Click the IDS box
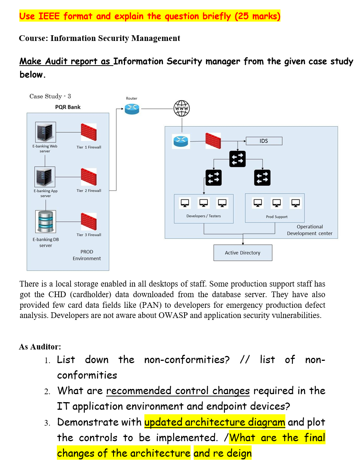pyautogui.click(x=264, y=141)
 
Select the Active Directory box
pyautogui.click(x=243, y=253)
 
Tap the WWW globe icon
pyautogui.click(x=182, y=108)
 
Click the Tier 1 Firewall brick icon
pyautogui.click(x=89, y=132)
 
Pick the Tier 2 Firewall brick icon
pyautogui.click(x=89, y=177)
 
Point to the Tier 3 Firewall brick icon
pyautogui.click(x=89, y=221)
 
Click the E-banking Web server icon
pyautogui.click(x=45, y=132)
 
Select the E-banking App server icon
pyautogui.click(x=45, y=177)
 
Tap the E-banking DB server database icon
pyautogui.click(x=45, y=221)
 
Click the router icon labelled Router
pyautogui.click(x=131, y=108)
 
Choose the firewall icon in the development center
pyautogui.click(x=213, y=141)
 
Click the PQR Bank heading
pyautogui.click(x=68, y=107)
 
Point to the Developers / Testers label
pyautogui.click(x=203, y=216)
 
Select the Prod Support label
pyautogui.click(x=277, y=217)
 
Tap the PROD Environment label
pyautogui.click(x=87, y=255)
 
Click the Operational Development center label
pyautogui.click(x=310, y=230)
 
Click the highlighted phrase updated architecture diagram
pyautogui.click(x=214, y=422)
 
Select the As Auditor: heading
pyautogui.click(x=40, y=346)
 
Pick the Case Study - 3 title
pyautogui.click(x=50, y=96)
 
